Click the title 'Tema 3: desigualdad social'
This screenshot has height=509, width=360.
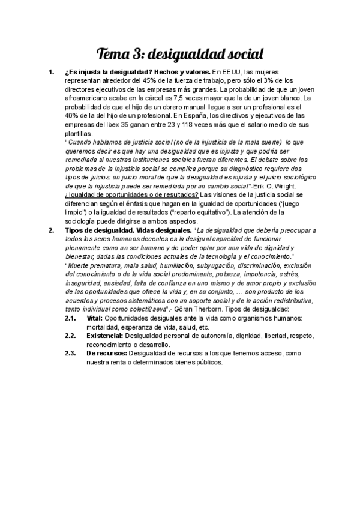click(x=180, y=55)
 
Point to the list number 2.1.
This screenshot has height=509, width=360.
click(x=70, y=318)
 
